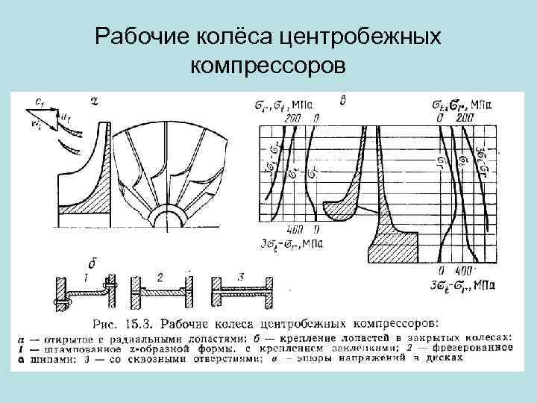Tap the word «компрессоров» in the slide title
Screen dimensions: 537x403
(268, 66)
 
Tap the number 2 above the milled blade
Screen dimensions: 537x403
(160, 277)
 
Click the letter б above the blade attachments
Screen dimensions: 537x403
(92, 263)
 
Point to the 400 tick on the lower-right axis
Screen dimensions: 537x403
(460, 269)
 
